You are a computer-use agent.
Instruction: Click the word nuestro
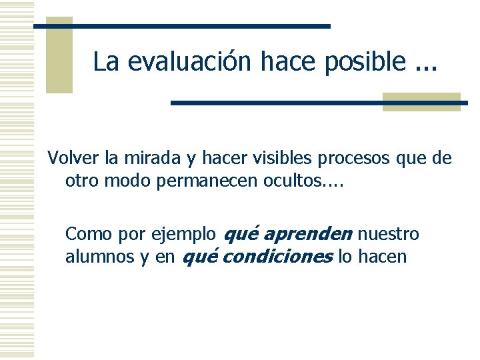coord(389,235)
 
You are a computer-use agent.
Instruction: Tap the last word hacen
coord(382,257)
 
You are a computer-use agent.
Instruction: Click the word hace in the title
coord(288,61)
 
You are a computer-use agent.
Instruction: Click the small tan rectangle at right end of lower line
coord(421,101)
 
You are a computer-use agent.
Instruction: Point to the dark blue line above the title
coord(182,26)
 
